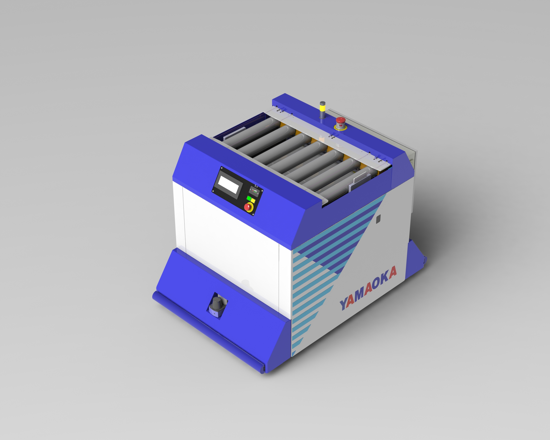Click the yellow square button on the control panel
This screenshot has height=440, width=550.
click(x=253, y=200)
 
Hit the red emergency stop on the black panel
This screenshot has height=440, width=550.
click(x=248, y=207)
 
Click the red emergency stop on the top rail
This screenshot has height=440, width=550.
click(x=340, y=123)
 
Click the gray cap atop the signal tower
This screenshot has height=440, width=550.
click(x=323, y=103)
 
